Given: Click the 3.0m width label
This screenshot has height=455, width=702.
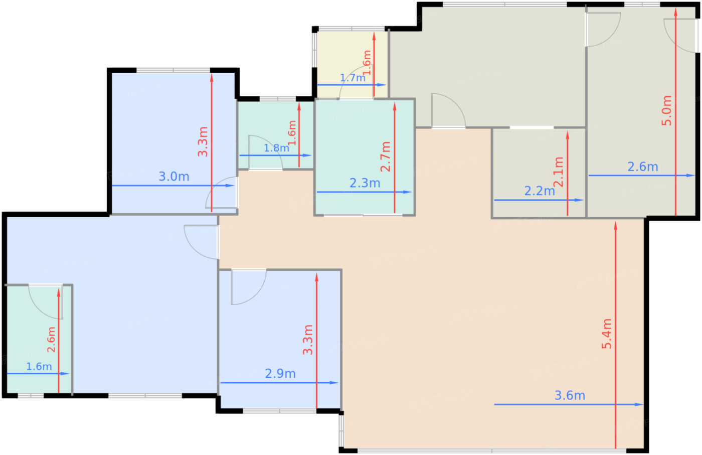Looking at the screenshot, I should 174,177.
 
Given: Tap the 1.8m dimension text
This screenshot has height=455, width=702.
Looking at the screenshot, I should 276,148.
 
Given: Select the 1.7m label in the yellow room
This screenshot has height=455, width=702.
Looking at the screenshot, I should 353,78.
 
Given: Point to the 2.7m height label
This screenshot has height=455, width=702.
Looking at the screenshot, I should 385,157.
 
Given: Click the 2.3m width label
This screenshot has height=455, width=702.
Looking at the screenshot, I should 365,183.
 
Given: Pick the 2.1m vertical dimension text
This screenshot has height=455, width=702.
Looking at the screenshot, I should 558,172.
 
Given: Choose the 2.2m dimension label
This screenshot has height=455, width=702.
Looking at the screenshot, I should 540,191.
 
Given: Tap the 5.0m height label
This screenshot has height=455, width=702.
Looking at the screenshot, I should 666,110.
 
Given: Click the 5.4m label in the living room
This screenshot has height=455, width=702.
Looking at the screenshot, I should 607,334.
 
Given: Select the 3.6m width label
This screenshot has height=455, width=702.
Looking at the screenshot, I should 570,395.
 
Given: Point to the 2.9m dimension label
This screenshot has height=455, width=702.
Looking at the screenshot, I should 280,374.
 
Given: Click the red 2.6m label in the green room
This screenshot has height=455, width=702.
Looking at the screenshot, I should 51,340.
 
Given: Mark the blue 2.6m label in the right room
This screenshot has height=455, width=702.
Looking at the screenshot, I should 642,167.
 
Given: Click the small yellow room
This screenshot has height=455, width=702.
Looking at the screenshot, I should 351,55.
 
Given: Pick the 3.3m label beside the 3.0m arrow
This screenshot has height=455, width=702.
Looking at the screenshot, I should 203,142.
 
